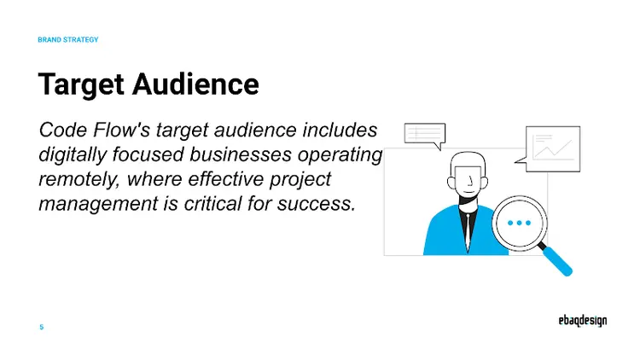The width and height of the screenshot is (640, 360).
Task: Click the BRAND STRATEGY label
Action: point(68,39)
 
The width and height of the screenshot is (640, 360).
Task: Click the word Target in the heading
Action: point(81,85)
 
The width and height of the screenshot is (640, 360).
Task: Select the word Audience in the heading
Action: point(195,84)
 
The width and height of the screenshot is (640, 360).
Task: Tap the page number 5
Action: point(42,327)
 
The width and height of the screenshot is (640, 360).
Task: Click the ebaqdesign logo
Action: point(583,321)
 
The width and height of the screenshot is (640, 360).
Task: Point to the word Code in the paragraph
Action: point(63,131)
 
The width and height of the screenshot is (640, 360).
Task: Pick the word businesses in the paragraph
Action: point(241,154)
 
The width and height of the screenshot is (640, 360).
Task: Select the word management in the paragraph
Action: point(98,204)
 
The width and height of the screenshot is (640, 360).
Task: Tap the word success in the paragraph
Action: point(317,204)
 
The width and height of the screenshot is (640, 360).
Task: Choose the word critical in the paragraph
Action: point(212,204)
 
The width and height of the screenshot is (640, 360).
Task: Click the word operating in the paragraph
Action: point(340,155)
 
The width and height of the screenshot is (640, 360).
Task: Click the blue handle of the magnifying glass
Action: point(557,261)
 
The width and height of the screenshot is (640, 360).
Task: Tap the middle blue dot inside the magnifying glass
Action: point(519,223)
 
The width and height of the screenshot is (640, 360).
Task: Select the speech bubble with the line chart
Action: point(549,149)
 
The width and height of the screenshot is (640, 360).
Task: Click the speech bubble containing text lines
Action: point(424,135)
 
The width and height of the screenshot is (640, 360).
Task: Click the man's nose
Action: point(470,180)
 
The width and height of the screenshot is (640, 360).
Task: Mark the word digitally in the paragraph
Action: point(73,155)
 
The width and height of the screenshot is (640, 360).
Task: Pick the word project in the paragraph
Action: point(300,180)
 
